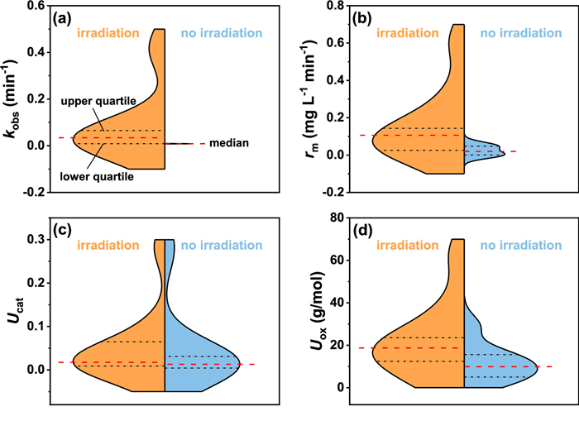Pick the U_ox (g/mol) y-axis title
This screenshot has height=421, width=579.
tap(312, 313)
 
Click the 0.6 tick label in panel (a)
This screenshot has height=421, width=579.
tap(35, 5)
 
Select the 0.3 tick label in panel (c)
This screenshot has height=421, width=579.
tap(35, 240)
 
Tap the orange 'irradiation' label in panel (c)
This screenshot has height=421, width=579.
tap(110, 245)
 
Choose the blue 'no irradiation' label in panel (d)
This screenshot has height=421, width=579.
tap(516, 245)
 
